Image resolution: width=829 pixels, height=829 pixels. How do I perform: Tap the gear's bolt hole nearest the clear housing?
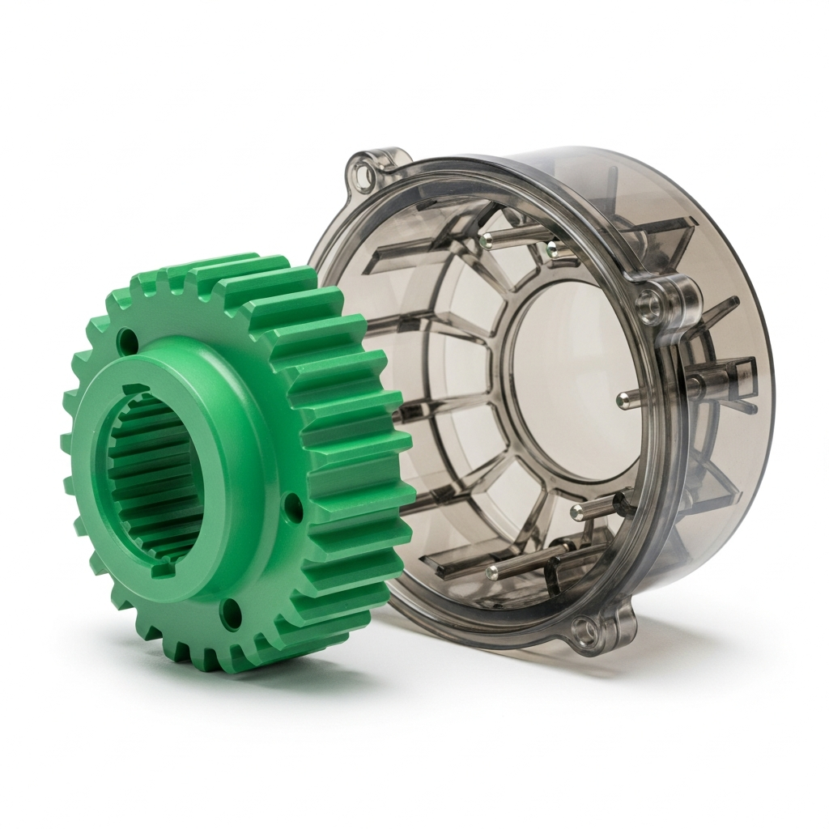[294, 508]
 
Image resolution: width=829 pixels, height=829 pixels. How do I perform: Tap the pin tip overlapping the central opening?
[623, 397]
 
